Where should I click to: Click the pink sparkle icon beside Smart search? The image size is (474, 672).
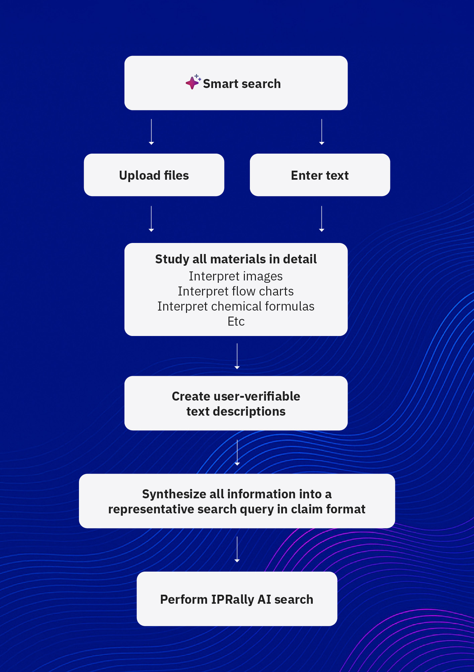coord(193,82)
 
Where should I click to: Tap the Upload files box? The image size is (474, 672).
coord(154,175)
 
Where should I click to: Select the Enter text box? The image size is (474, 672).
coord(320,175)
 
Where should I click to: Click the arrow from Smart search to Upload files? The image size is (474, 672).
coord(151,132)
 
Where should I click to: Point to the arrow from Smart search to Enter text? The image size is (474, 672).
coord(322,132)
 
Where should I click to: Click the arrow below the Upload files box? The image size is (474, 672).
coord(151,219)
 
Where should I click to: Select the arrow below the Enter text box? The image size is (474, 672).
coord(322,219)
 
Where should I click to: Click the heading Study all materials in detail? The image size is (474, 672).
coord(236,259)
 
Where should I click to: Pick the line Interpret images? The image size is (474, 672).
coord(236,276)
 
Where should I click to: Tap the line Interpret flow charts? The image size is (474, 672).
coord(236,291)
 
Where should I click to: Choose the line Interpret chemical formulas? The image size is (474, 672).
coord(236,306)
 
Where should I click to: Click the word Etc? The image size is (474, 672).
coord(236,321)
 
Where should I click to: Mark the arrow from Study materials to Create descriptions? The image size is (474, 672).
coord(237,356)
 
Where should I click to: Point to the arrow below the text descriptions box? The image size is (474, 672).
coord(237,452)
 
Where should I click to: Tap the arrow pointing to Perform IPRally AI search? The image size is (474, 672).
coord(237,549)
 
